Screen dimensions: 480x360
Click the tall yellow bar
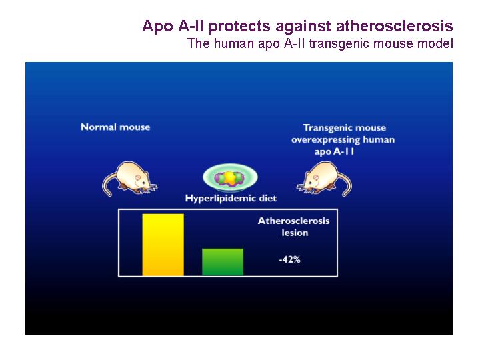pos(163,245)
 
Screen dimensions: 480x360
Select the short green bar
pos(223,262)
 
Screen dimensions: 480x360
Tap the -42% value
pos(289,259)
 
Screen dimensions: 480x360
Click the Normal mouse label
pos(115,127)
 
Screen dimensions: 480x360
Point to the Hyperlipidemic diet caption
pos(231,199)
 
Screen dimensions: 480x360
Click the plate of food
pos(230,178)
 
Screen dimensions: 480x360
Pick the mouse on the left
pos(129,179)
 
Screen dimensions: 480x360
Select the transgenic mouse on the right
pos(324,179)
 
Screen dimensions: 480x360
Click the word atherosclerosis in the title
pos(395,26)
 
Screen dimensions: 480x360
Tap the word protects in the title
pos(239,26)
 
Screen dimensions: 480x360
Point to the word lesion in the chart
pos(295,233)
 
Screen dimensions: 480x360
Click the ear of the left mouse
pos(138,177)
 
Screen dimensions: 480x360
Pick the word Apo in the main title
pos(157,26)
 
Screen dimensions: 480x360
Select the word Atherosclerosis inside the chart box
pos(293,221)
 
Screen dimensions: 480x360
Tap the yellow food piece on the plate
pos(230,178)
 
